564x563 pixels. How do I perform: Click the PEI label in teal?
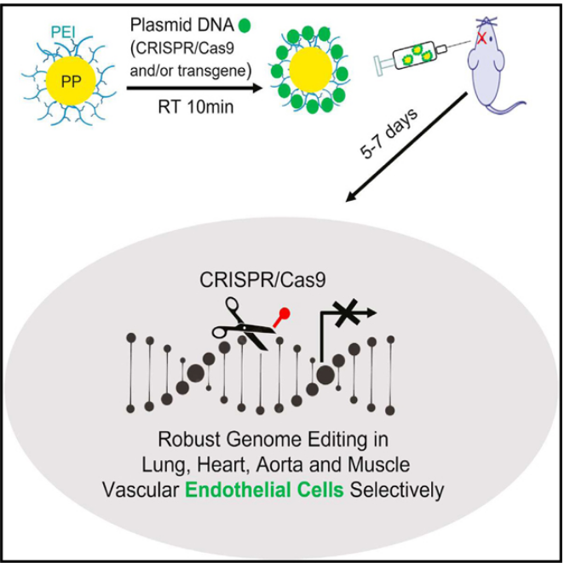click(63, 32)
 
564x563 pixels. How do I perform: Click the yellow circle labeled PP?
click(71, 81)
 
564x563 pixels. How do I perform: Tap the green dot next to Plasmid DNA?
click(245, 26)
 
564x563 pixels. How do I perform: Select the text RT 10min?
click(196, 106)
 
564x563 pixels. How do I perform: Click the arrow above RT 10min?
click(195, 88)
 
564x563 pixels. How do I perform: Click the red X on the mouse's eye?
click(481, 37)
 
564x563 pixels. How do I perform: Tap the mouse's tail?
click(506, 107)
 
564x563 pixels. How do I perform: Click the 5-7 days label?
click(388, 134)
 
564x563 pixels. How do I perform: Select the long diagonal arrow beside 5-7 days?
click(406, 147)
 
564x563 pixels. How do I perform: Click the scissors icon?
click(245, 325)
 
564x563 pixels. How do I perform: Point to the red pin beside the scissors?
click(282, 318)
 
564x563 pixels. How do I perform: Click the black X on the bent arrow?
click(347, 313)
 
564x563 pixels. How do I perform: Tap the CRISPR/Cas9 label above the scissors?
click(262, 280)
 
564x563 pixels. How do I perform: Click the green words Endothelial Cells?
click(265, 490)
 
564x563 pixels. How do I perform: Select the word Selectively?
click(397, 491)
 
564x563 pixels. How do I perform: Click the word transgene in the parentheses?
click(211, 71)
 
